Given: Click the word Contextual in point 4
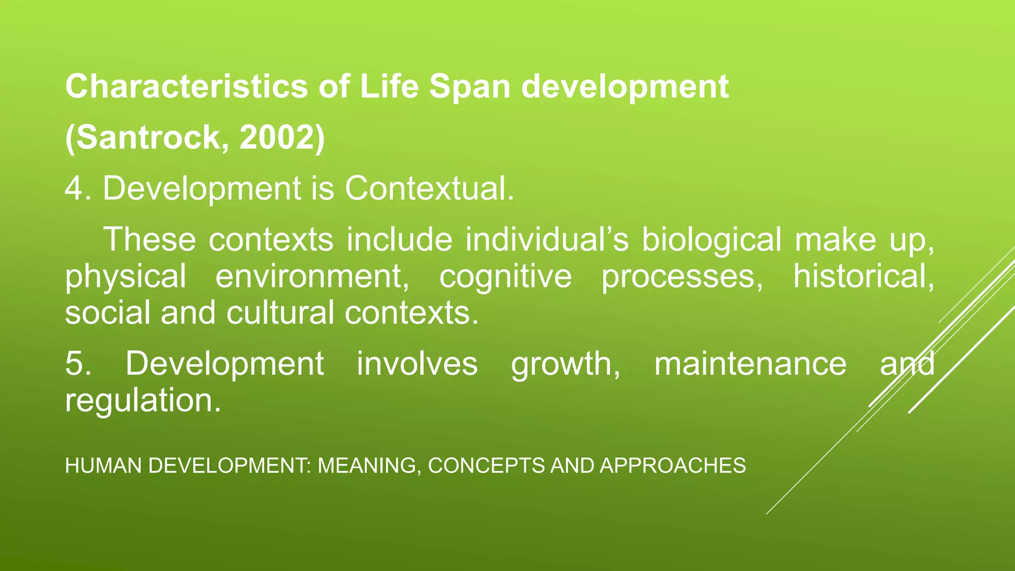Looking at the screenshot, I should pyautogui.click(x=429, y=189).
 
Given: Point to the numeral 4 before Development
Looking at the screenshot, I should pyautogui.click(x=74, y=189).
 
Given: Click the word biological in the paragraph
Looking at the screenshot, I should pyautogui.click(x=712, y=240).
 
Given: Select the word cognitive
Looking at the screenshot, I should pyautogui.click(x=505, y=277).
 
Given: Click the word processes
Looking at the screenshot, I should pyautogui.click(x=682, y=277).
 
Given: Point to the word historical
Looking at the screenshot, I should pyautogui.click(x=863, y=277).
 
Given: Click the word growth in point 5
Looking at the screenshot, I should pyautogui.click(x=564, y=364).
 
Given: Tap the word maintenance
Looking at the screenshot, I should pyautogui.click(x=750, y=364).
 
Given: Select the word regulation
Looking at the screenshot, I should pyautogui.click(x=143, y=400).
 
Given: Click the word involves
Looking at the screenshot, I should pyautogui.click(x=417, y=364).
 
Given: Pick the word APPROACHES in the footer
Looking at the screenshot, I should pyautogui.click(x=673, y=466).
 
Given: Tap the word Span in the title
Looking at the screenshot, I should pyautogui.click(x=469, y=87).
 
